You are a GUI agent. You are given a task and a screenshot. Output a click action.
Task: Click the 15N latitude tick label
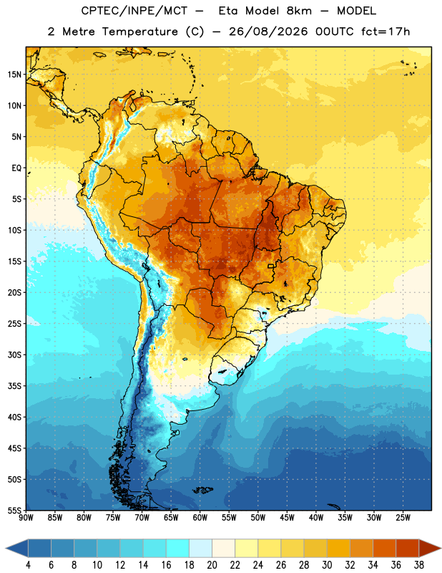click(x=14, y=74)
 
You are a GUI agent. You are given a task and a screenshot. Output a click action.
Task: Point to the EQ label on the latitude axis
click(x=16, y=168)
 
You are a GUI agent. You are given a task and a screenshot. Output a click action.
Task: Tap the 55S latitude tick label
click(x=14, y=510)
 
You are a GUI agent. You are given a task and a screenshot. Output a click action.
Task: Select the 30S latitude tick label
click(x=14, y=355)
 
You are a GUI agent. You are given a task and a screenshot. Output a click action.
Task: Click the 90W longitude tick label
click(x=26, y=518)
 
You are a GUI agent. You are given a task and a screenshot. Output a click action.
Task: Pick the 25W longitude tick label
click(x=403, y=518)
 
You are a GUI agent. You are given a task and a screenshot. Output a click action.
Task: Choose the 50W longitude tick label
click(x=258, y=518)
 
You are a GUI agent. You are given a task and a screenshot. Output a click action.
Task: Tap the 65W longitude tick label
click(x=171, y=518)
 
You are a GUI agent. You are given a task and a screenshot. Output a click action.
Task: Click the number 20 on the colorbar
click(x=212, y=565)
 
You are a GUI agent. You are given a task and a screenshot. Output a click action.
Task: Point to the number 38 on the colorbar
click(x=419, y=565)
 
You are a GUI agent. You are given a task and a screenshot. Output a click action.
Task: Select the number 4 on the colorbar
click(x=28, y=565)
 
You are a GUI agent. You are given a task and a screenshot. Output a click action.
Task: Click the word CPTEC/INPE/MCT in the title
click(x=134, y=11)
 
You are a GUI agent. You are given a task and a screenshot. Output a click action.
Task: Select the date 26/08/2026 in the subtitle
click(x=268, y=32)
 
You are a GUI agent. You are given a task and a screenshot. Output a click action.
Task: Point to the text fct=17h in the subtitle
click(x=385, y=32)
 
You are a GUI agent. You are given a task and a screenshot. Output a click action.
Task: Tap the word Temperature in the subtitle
click(x=139, y=32)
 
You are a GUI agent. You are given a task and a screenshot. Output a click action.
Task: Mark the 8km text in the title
click(x=299, y=11)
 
